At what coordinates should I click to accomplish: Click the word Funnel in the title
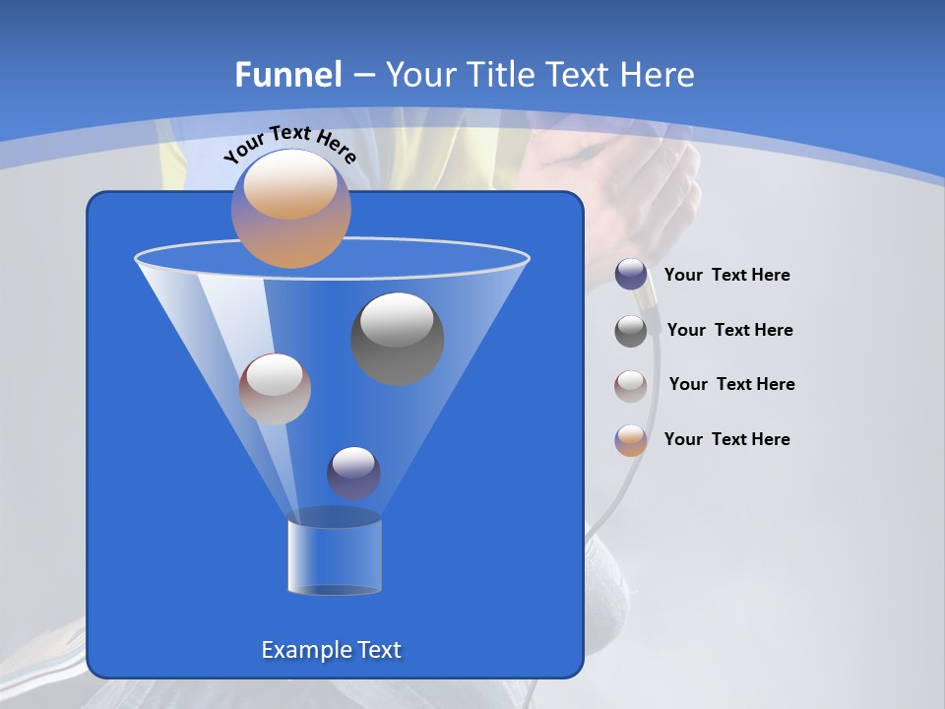pyautogui.click(x=288, y=75)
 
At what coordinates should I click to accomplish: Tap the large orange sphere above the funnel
pyautogui.click(x=291, y=208)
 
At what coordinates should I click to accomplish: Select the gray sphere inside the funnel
pyautogui.click(x=398, y=338)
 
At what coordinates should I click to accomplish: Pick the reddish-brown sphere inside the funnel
pyautogui.click(x=275, y=389)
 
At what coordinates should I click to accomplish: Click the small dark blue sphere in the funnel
pyautogui.click(x=353, y=473)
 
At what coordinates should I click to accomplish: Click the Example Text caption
pyautogui.click(x=332, y=650)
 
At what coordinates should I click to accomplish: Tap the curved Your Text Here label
pyautogui.click(x=289, y=144)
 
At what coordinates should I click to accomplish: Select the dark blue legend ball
pyautogui.click(x=631, y=275)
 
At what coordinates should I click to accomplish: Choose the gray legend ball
pyautogui.click(x=631, y=331)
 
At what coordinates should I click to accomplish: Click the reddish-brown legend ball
pyautogui.click(x=631, y=385)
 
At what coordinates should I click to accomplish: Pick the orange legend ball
pyautogui.click(x=631, y=440)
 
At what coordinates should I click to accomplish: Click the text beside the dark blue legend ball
pyautogui.click(x=726, y=276)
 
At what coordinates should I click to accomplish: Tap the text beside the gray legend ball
pyautogui.click(x=729, y=331)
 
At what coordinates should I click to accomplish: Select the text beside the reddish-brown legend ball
pyautogui.click(x=731, y=385)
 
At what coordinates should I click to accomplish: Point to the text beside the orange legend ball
pyautogui.click(x=726, y=440)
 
